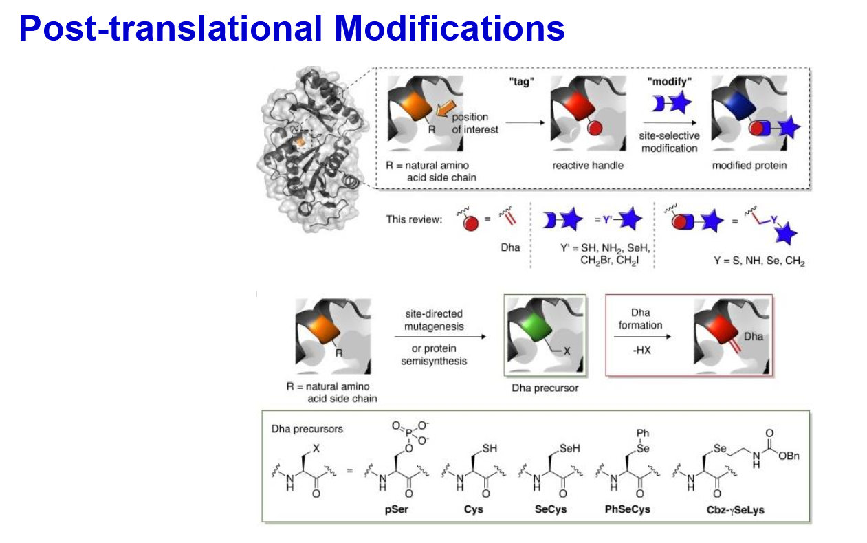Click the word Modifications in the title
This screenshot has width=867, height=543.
pos(450,28)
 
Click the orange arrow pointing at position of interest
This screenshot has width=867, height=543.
pos(446,108)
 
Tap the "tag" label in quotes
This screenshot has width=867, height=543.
pos(521,82)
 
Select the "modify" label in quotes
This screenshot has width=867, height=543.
pos(669,81)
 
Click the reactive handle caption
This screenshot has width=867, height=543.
pos(588,165)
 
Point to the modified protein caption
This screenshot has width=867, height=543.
pos(749,165)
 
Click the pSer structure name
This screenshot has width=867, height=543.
pos(396,509)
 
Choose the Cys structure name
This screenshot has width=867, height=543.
pos(473,509)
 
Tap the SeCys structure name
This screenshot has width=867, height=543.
pos(551,509)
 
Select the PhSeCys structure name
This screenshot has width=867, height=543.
pos(628,509)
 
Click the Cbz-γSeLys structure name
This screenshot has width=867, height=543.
pos(736,510)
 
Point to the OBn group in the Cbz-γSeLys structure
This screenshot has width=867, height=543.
pos(789,456)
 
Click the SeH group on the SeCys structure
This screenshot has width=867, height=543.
pos(570,448)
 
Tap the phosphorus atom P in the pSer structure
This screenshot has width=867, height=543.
pos(408,434)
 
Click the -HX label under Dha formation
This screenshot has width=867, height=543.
pos(641,351)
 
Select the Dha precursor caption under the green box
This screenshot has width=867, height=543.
pos(545,388)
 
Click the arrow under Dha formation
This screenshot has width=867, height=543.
pos(642,337)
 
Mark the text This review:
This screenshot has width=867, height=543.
pos(414,219)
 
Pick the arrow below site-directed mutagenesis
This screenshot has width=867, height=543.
pos(440,337)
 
